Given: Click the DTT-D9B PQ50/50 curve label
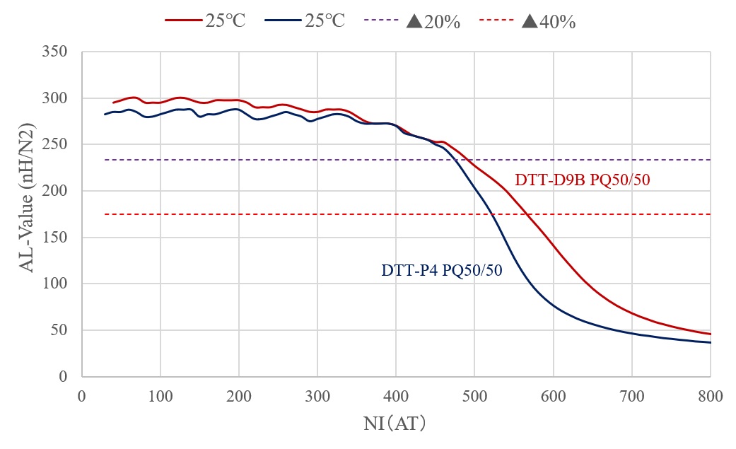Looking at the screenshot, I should (x=582, y=180).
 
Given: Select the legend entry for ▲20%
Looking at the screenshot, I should (x=433, y=21).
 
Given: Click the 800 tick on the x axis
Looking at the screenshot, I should (x=711, y=397).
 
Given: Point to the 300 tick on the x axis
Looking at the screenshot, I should (x=317, y=397).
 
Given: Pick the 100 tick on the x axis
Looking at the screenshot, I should (x=160, y=397).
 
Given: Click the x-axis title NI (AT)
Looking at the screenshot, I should (x=395, y=424).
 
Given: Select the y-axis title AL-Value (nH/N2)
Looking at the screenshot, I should (x=26, y=214).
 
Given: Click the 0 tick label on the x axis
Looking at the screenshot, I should (x=82, y=397).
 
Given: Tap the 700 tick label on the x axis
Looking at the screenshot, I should (x=631, y=397).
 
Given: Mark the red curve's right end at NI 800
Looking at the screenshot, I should (x=710, y=334).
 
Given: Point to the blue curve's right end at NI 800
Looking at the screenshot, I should (x=710, y=342).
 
